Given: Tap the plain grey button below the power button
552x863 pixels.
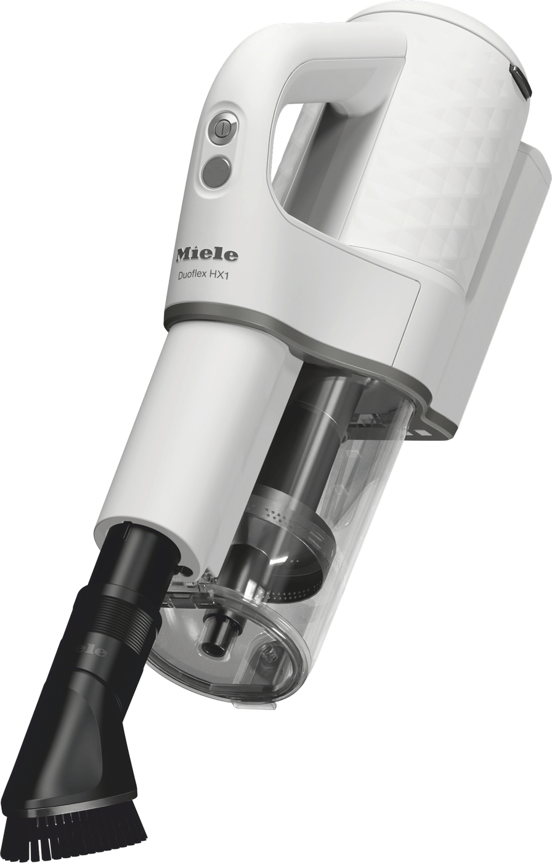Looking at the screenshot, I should [x=216, y=172].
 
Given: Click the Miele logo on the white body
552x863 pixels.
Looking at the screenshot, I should [x=206, y=254].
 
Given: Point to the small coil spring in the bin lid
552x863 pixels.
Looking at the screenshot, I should [x=190, y=583].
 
